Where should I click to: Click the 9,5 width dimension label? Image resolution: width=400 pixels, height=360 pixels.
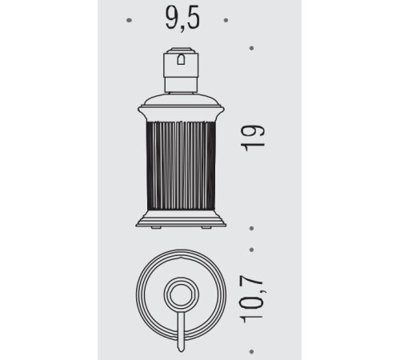pyautogui.click(x=182, y=18)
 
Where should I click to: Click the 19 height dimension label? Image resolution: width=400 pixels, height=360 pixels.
pyautogui.click(x=253, y=138)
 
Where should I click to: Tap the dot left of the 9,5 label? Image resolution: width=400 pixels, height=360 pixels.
pyautogui.click(x=130, y=20)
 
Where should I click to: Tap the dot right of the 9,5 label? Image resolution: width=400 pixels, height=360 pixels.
pyautogui.click(x=226, y=20)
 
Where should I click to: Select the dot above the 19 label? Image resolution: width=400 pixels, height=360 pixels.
pyautogui.click(x=251, y=48)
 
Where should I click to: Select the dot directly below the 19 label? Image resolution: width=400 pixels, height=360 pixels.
pyautogui.click(x=251, y=229)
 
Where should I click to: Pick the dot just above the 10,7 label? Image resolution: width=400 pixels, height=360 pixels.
pyautogui.click(x=251, y=250)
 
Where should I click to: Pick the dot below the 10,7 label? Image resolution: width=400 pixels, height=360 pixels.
pyautogui.click(x=251, y=352)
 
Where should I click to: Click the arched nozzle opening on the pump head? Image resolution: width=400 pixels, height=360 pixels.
pyautogui.click(x=181, y=60)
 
